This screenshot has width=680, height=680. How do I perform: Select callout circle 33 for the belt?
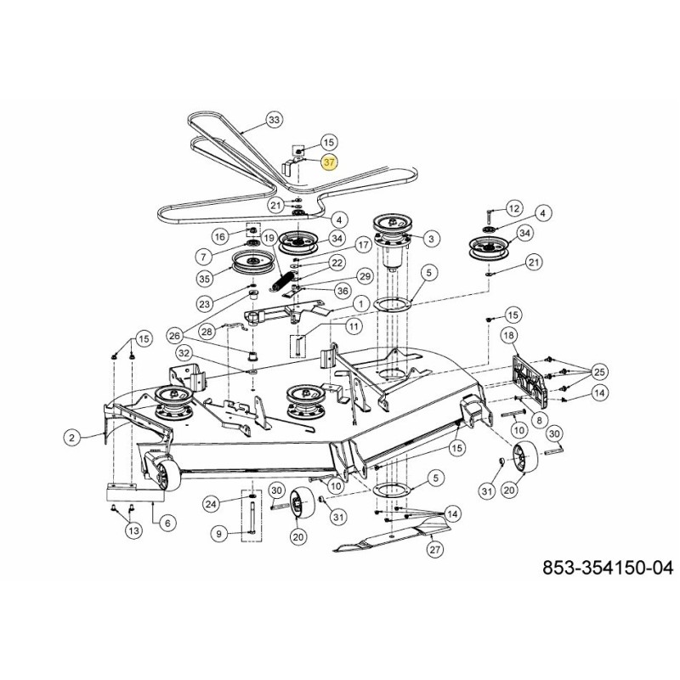click(x=273, y=120)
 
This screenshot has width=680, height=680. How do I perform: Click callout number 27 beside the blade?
click(x=435, y=550)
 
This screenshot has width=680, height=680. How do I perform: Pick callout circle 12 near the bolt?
click(x=513, y=208)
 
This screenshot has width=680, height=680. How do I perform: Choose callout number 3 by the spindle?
click(x=432, y=240)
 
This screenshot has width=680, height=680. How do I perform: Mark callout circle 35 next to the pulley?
click(x=205, y=277)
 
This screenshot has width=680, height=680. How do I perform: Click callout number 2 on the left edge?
click(x=72, y=438)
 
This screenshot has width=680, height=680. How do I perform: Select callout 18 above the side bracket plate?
click(x=509, y=337)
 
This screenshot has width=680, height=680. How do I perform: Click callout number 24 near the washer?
click(x=212, y=504)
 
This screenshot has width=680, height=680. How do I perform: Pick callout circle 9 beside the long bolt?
click(x=219, y=534)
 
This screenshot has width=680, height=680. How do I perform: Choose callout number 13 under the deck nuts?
click(x=133, y=530)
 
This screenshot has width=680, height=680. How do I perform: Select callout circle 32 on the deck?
click(x=184, y=354)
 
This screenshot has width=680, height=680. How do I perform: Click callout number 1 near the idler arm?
click(x=361, y=303)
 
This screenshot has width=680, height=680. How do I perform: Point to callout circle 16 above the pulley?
click(x=219, y=237)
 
